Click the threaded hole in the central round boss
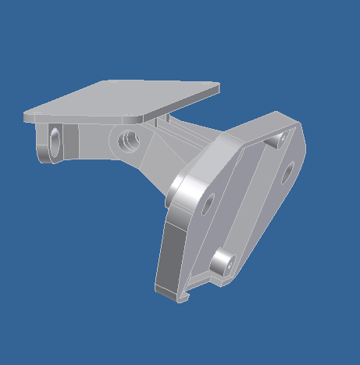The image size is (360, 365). [128, 141]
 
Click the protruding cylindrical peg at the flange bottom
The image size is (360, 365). [222, 262]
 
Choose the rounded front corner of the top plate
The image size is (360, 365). [141, 116]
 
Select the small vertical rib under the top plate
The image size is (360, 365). [160, 121]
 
